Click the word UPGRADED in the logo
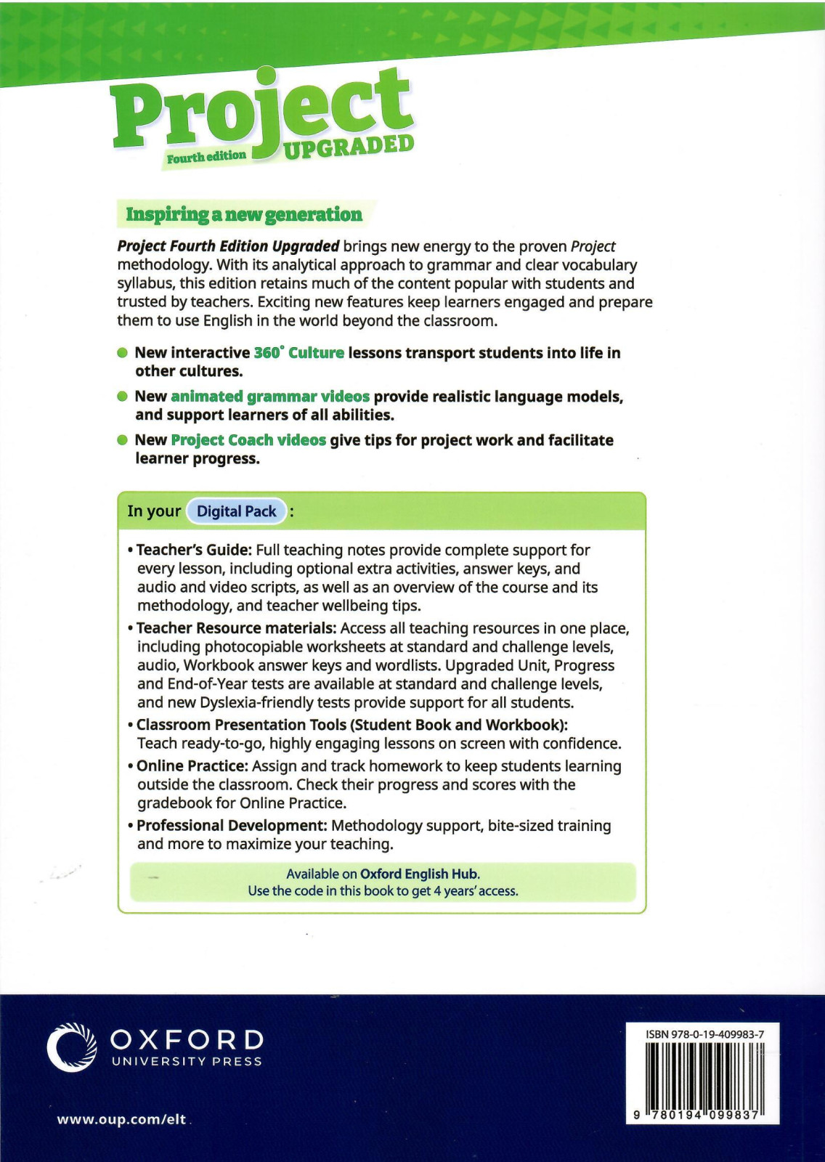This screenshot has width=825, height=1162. pyautogui.click(x=349, y=147)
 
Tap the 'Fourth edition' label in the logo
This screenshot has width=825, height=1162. pyautogui.click(x=206, y=157)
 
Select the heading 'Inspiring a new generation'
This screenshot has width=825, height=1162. pyautogui.click(x=244, y=214)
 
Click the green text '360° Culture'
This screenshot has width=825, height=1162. pyautogui.click(x=298, y=353)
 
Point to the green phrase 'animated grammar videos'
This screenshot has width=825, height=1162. pyautogui.click(x=270, y=397)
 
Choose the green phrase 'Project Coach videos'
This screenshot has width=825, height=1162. pyautogui.click(x=248, y=440)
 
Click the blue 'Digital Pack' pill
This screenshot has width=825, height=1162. pyautogui.click(x=237, y=511)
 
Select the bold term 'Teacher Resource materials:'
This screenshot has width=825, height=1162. pyautogui.click(x=236, y=628)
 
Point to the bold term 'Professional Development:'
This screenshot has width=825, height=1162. pyautogui.click(x=232, y=826)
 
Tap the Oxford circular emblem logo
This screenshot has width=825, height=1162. pyautogui.click(x=72, y=1047)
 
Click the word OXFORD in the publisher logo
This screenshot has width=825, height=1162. pyautogui.click(x=187, y=1040)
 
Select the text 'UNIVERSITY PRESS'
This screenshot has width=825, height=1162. pyautogui.click(x=187, y=1062)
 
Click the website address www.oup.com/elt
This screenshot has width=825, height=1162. pyautogui.click(x=121, y=1119)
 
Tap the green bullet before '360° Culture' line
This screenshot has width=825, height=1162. pyautogui.click(x=123, y=353)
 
